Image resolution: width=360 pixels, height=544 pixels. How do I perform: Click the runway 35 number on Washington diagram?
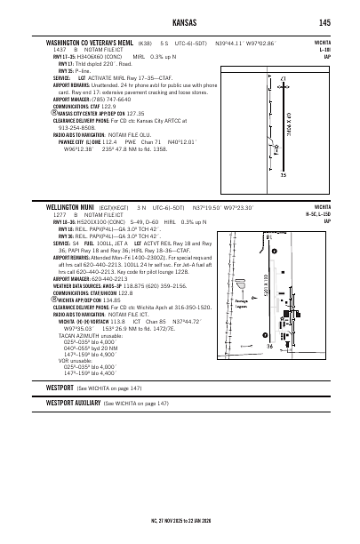coord(283,174)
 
